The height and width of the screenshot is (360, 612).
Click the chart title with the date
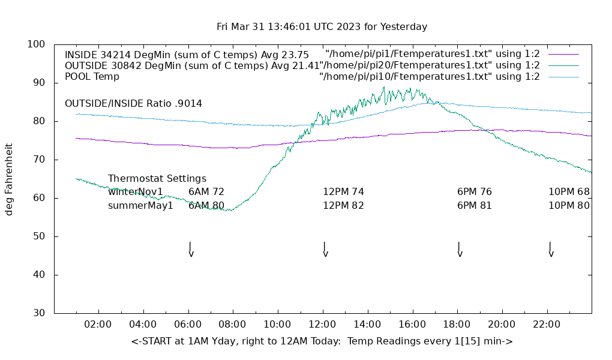coord(322,27)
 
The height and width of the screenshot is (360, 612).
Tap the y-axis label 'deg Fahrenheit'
coord(9,179)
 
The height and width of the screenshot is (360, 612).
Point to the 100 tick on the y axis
coord(37,44)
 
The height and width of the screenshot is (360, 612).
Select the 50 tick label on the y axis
coord(39,236)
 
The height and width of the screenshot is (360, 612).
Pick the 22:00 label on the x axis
coord(547,325)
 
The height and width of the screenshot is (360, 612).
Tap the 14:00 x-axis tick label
coord(367,325)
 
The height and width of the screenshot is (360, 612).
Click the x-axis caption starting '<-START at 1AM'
coord(322,341)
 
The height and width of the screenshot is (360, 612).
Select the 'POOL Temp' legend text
coord(92,77)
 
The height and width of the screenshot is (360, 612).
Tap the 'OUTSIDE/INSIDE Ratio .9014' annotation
coord(133,104)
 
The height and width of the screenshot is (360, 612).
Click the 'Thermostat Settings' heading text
coord(157,179)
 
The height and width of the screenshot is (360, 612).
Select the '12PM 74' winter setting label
coord(343,192)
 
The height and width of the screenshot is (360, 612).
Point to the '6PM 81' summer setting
coord(474,206)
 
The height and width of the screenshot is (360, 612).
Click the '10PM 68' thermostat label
coord(569,192)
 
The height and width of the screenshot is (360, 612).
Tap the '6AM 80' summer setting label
coord(206,206)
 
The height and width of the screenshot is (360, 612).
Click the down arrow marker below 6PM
coord(460,250)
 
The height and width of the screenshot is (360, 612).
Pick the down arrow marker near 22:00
coord(550,250)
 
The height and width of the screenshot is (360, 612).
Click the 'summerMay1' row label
coord(140,206)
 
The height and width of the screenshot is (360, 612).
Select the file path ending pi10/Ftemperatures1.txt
coord(429,77)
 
